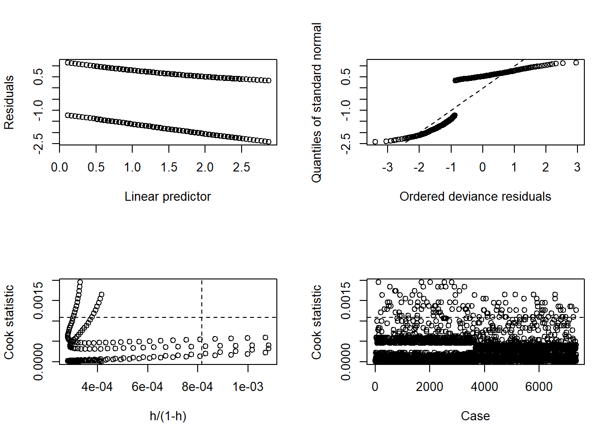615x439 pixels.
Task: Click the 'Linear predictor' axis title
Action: click(167, 197)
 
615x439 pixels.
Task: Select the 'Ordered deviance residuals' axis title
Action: click(475, 197)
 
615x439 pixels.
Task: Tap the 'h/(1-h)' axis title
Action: click(168, 416)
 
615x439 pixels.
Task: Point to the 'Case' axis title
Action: click(475, 416)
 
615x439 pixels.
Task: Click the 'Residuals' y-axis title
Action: click(9, 102)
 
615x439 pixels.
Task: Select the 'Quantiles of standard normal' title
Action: click(317, 102)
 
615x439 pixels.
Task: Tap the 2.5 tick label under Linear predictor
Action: click(242, 167)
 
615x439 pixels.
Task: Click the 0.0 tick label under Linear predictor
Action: click(59, 167)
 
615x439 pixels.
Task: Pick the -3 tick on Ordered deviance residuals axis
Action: click(388, 167)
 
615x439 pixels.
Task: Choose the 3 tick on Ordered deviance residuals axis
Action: click(577, 167)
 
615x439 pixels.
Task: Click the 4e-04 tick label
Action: click(97, 387)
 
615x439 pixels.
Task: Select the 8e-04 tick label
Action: click(197, 387)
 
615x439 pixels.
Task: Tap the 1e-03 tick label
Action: click(248, 387)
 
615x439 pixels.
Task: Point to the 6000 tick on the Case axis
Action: click(539, 387)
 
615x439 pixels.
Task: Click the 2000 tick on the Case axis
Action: click(430, 387)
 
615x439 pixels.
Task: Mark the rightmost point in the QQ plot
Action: click(576, 63)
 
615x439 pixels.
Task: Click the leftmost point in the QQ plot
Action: click(375, 142)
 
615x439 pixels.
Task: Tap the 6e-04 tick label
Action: click(147, 387)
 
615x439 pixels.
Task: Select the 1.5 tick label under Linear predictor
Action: click(169, 167)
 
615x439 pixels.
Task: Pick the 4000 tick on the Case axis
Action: click(485, 387)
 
